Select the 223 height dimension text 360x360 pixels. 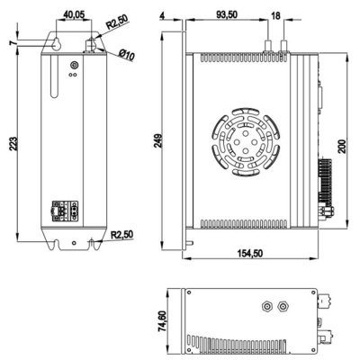[x=12, y=148]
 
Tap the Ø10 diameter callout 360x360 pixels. [x=126, y=57]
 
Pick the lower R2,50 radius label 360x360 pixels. [x=121, y=236]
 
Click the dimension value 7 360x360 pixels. [x=12, y=42]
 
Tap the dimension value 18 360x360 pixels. [x=275, y=15]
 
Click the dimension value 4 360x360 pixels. [x=161, y=15]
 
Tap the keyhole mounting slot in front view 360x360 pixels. [x=57, y=44]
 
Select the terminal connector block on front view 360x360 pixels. [x=67, y=211]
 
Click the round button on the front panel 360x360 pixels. [x=74, y=64]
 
